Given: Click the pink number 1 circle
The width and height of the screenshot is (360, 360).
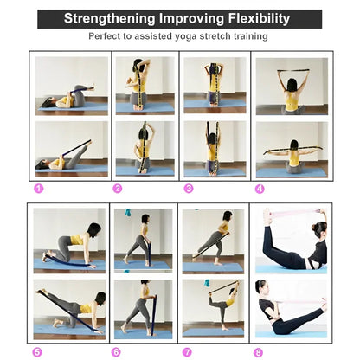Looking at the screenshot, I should tap(38, 188).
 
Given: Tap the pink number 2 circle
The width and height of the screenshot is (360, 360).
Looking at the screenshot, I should tap(117, 188).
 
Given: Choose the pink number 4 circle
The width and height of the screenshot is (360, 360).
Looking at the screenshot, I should tap(260, 188).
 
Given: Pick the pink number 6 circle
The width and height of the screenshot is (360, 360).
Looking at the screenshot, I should tap(116, 352).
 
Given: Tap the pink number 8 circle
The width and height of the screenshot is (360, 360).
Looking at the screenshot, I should tap(258, 352).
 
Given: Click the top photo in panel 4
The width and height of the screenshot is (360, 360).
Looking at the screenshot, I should tap(292, 86).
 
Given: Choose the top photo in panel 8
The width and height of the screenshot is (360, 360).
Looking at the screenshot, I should tap(291, 239).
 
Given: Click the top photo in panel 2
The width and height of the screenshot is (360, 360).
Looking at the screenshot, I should tap(145, 86).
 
